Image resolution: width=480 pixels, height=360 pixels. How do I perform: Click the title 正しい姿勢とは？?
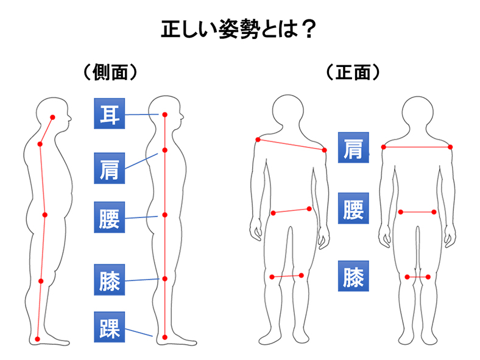tap(238, 29)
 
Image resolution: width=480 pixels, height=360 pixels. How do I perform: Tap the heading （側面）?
tap(110, 72)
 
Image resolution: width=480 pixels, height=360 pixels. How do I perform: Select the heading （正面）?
tap(353, 72)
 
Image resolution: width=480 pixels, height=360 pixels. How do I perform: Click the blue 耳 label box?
tap(109, 113)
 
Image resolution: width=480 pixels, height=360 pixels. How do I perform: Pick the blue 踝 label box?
tap(109, 327)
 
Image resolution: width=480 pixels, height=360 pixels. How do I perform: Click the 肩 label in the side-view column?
tap(109, 168)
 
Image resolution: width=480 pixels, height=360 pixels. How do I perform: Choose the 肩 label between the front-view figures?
tap(353, 147)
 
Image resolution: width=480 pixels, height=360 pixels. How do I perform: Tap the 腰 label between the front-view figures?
tap(353, 208)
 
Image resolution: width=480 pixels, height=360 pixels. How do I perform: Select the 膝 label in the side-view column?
tap(109, 280)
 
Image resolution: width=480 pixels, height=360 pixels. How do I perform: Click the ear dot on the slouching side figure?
tap(52, 117)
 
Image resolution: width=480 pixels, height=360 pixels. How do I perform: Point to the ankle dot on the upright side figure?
tap(164, 337)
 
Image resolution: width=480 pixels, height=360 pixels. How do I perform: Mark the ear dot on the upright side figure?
tap(164, 115)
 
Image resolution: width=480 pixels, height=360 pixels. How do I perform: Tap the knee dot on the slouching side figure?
tap(41, 281)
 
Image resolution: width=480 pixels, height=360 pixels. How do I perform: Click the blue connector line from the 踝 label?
tap(139, 333)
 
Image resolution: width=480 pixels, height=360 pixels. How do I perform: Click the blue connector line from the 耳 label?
tap(142, 115)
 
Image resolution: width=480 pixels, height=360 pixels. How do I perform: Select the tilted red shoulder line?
tap(291, 145)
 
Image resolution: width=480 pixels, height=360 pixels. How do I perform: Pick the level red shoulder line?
tap(417, 147)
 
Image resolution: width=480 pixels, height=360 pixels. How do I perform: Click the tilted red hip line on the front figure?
tap(291, 211)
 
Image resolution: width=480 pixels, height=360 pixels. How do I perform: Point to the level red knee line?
tap(417, 277)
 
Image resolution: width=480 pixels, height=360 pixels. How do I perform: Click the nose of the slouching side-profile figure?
tap(70, 118)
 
